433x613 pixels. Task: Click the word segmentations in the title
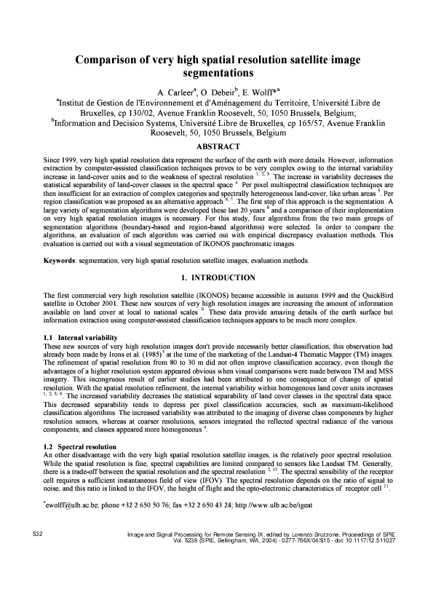click(217, 74)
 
